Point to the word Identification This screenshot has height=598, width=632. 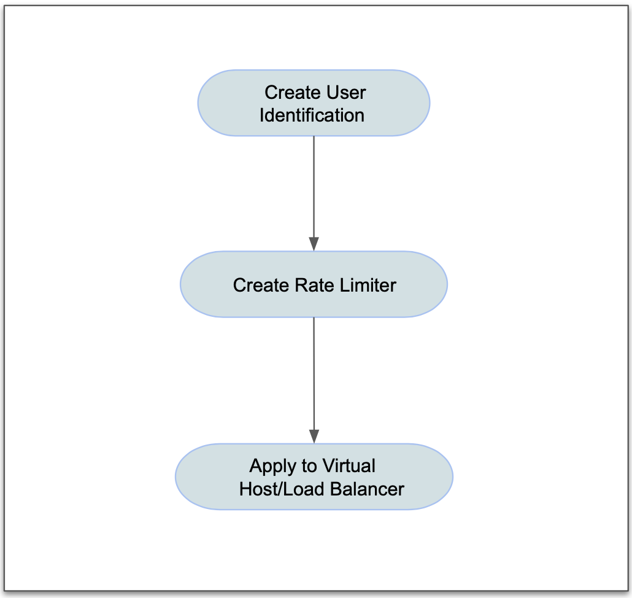coord(312,115)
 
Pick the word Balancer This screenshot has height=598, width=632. coord(368,489)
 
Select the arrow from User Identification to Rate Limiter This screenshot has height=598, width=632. coord(314,184)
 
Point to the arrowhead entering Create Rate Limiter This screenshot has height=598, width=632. coord(314,244)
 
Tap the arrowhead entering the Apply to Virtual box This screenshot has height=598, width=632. coord(314,437)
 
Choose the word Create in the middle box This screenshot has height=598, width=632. coord(260,285)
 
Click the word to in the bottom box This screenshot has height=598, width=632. coord(309,466)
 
